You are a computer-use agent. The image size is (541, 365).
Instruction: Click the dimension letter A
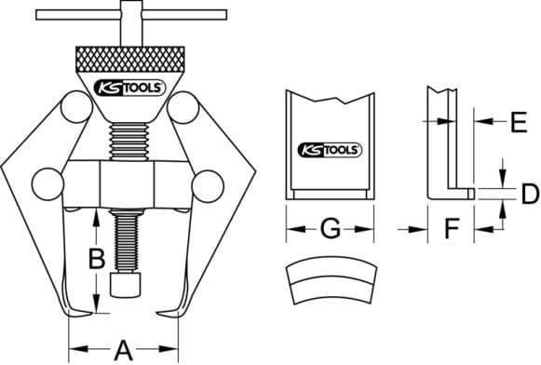tap(123, 350)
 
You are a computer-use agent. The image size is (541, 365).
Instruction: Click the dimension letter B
tap(97, 259)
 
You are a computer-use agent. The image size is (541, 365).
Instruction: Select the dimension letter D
tap(530, 194)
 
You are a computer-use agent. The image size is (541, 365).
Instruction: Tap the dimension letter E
tap(519, 122)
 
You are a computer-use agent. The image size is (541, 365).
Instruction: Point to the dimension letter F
tap(451, 228)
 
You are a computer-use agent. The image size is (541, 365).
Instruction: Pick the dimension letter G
tap(331, 228)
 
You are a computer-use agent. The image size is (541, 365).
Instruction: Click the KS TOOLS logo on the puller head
tap(129, 88)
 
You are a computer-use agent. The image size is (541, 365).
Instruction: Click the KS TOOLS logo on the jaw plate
tap(330, 150)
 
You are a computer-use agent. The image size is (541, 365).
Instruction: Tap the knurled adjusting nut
tap(129, 59)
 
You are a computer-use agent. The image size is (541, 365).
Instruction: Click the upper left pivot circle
tap(76, 107)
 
